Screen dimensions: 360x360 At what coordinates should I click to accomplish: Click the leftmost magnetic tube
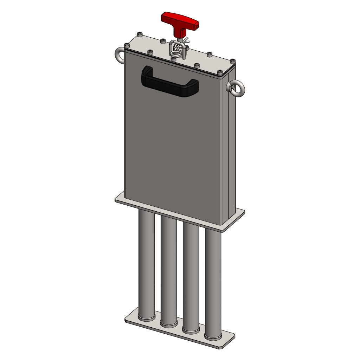tap(146, 264)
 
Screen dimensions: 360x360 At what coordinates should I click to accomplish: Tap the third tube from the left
tap(191, 278)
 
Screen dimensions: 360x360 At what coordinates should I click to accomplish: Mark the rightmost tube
tap(213, 285)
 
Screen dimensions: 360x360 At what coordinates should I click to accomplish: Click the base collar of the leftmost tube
tap(146, 317)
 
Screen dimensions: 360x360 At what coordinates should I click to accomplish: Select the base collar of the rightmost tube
tap(213, 337)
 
